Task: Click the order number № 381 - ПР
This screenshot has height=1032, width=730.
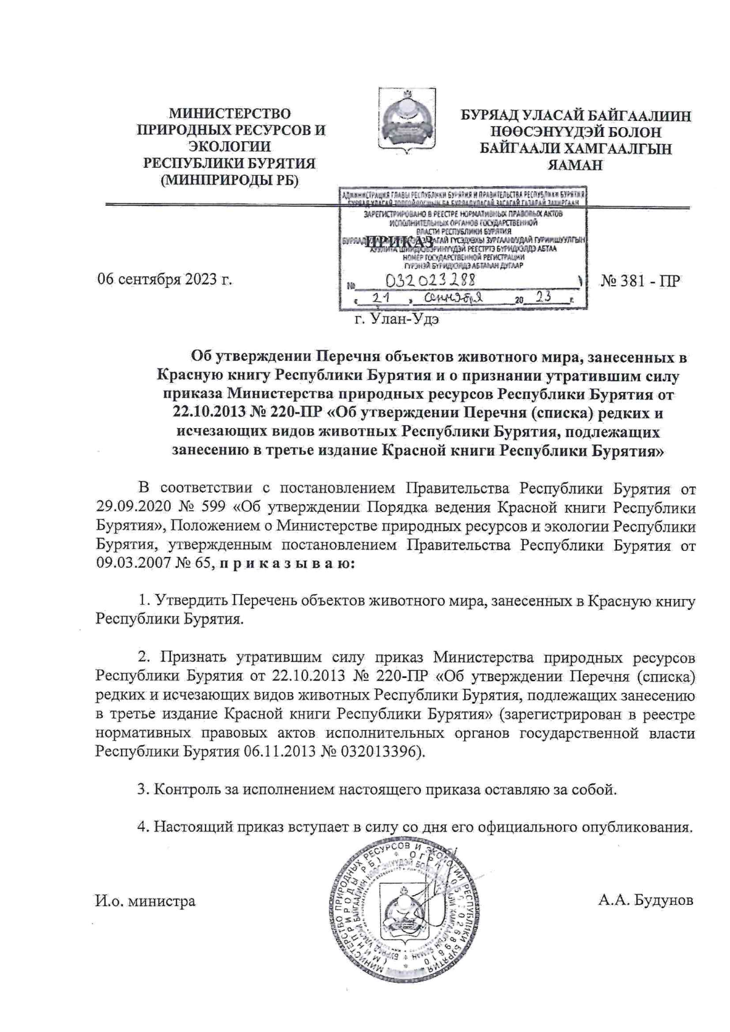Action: click(x=640, y=280)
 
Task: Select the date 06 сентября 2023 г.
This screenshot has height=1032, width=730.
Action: click(x=165, y=280)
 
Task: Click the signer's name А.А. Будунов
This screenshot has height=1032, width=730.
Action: click(x=645, y=900)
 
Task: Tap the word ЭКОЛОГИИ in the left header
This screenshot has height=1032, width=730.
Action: click(x=229, y=147)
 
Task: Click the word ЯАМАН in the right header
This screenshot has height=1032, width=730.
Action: click(x=575, y=164)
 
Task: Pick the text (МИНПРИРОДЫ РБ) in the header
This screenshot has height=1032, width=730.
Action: click(x=229, y=180)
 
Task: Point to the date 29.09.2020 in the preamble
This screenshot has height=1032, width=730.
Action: click(x=129, y=508)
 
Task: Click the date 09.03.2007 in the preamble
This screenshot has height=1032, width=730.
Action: click(x=129, y=563)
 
